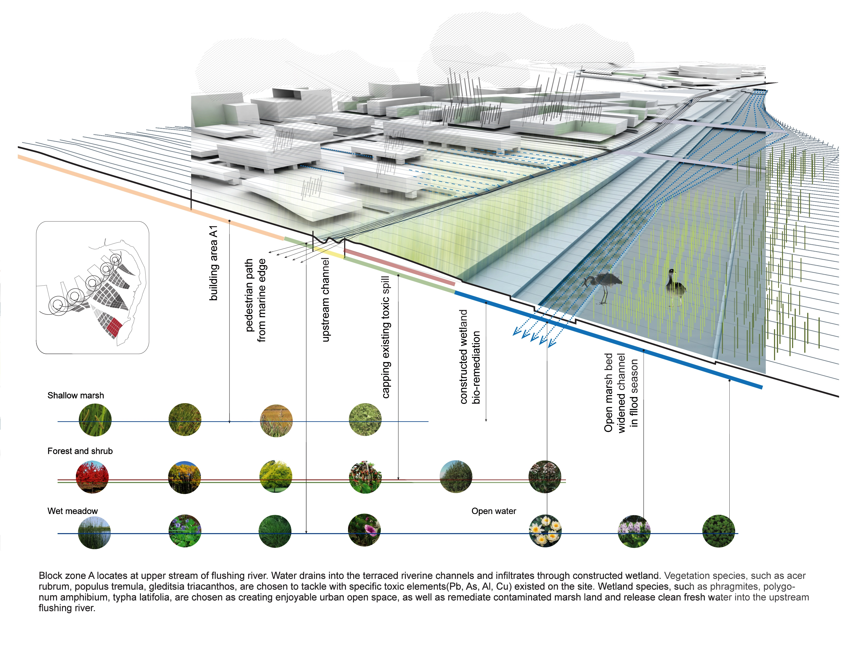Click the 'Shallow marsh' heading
click(76, 395)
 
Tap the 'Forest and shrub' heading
click(80, 451)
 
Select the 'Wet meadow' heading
click(73, 511)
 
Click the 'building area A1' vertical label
click(214, 263)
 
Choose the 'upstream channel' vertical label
click(325, 300)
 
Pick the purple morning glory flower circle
click(364, 530)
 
